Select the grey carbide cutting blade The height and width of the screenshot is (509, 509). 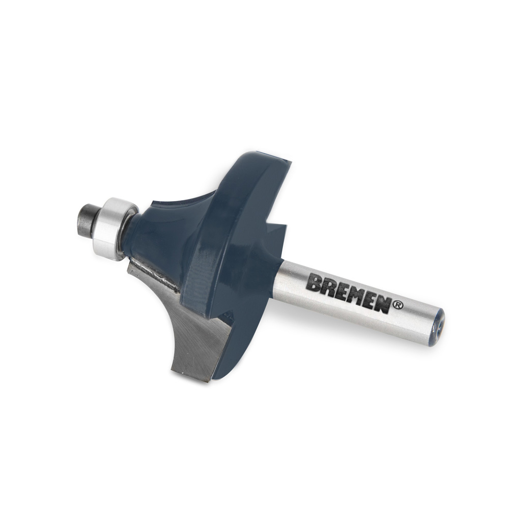[191, 331]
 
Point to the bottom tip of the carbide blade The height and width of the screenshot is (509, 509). [206, 379]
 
